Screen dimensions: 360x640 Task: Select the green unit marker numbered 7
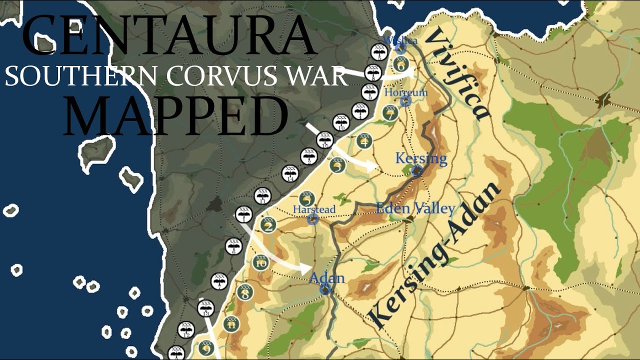[390, 113]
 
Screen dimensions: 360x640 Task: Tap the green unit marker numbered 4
[364, 142]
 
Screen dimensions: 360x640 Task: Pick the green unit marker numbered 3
[338, 165]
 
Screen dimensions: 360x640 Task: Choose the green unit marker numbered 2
[268, 225]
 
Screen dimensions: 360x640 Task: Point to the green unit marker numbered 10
[260, 262]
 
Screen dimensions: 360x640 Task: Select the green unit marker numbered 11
[231, 324]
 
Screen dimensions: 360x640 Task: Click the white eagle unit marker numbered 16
[324, 140]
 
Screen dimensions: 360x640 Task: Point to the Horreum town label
[406, 92]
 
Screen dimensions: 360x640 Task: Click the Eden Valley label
[415, 208]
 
